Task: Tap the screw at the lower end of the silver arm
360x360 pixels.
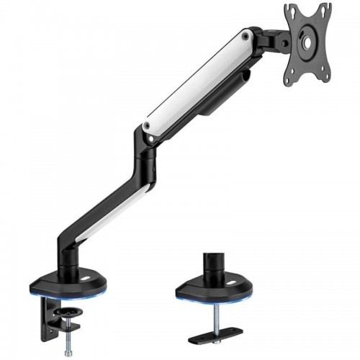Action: pyautogui.click(x=148, y=126)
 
